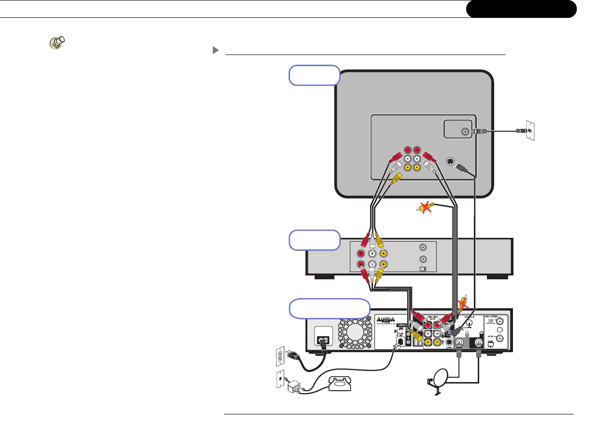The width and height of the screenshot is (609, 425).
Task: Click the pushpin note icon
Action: point(57,43)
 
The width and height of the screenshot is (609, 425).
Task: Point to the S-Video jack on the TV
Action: point(450,162)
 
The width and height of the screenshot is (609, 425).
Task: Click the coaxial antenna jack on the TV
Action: point(465,131)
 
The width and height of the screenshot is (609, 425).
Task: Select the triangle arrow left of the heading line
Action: point(215,50)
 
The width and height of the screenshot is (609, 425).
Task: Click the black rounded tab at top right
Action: point(521,9)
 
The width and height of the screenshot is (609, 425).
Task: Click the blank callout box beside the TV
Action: point(314,75)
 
